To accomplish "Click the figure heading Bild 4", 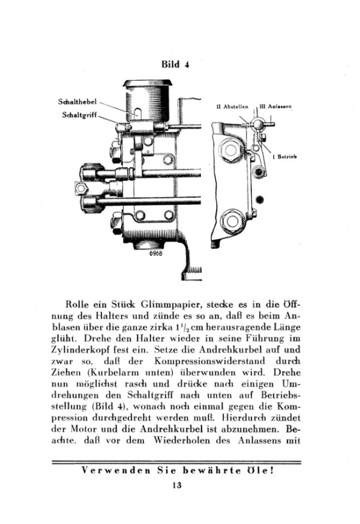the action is click(x=175, y=64).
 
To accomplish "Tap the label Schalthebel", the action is click(x=77, y=102).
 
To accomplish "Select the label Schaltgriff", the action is click(x=79, y=115).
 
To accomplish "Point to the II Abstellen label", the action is click(x=232, y=107).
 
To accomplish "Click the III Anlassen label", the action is click(x=275, y=107).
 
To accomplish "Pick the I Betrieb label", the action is click(x=285, y=157).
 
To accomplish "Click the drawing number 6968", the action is click(x=156, y=253).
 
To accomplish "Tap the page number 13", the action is click(x=177, y=485).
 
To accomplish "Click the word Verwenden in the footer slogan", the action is click(x=116, y=470).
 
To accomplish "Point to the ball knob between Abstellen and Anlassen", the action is click(x=258, y=124).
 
